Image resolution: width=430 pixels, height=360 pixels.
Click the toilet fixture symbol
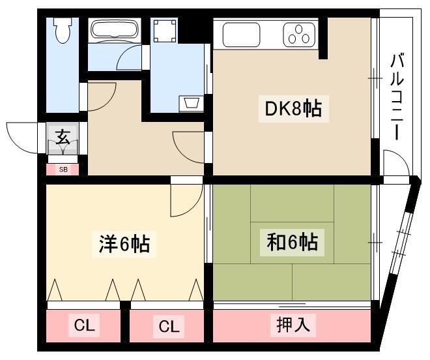pos(63,30)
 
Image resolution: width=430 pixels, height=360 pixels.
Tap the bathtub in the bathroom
pos(115,30)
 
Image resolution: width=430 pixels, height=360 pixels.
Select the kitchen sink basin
pos(241,35)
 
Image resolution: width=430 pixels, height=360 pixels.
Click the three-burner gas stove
pos(299,35)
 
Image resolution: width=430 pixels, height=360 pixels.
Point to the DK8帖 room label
pos(293,109)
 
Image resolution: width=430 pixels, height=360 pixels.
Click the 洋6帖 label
pos(124,244)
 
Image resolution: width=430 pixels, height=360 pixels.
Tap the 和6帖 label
pos(293,242)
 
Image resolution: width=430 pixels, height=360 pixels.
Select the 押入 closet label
pos(293,325)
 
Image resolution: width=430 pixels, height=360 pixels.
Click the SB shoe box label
pos(63,170)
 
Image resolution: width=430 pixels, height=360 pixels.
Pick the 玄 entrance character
pos(63,138)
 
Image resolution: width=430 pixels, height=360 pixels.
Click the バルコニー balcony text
pos(397,97)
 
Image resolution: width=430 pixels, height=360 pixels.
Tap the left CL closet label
pos(85,325)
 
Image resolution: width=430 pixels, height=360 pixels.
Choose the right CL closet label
pos(169,326)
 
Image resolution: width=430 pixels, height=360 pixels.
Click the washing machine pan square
pos(165,30)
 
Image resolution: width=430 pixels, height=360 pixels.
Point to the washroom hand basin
pos(191,103)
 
